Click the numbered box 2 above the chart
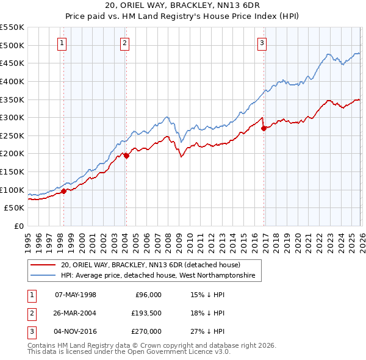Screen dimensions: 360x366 point(124,43)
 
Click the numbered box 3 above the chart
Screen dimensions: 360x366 point(262,43)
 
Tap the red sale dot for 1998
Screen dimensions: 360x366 point(63,191)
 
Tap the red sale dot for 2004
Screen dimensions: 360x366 point(126,156)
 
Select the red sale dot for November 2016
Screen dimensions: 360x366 point(263,128)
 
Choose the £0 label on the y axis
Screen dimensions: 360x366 point(19,226)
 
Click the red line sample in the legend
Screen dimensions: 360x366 point(44,265)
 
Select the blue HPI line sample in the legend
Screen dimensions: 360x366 point(44,276)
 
